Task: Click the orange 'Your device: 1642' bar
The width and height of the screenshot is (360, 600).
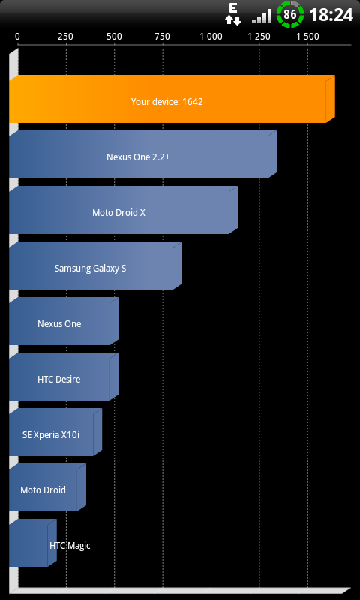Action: coord(172,99)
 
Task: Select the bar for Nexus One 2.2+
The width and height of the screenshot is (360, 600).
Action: coord(142,154)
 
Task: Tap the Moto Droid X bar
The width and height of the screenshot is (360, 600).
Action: coord(123,210)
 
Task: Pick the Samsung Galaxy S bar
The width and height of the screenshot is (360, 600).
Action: coord(95,265)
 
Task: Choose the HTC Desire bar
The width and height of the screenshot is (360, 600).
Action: coord(64,376)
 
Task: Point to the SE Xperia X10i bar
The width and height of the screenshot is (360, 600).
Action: coord(55,432)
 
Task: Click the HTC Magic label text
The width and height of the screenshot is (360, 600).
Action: coord(70,546)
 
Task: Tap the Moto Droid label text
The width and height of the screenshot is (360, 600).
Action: coord(43,490)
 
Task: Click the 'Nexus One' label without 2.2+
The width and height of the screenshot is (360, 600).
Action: coord(59,324)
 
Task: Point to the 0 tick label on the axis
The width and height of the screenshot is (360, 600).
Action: coord(17,37)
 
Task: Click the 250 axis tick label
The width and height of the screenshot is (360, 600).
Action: coord(65,37)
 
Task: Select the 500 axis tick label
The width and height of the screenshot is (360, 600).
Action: coord(115,37)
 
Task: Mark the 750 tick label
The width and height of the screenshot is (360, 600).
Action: coord(163,37)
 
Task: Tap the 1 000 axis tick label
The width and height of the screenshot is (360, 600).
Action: coord(211,37)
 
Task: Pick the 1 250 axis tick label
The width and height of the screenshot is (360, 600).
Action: coord(259,37)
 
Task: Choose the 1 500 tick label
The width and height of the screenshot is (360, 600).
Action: coord(308,37)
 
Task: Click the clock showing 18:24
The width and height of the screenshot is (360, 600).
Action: coord(331,15)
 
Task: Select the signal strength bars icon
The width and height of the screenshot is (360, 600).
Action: coord(261,16)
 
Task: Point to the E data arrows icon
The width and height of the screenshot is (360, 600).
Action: coord(233,14)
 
